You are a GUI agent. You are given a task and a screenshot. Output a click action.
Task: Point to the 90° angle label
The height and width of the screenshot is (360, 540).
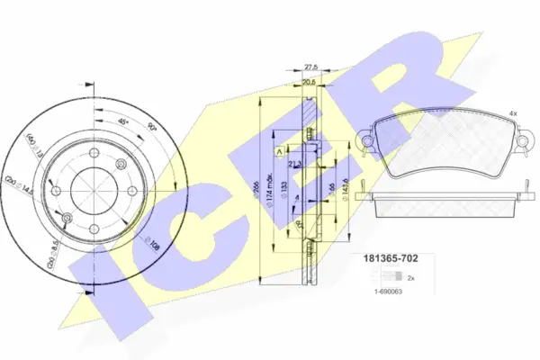pos(150,129)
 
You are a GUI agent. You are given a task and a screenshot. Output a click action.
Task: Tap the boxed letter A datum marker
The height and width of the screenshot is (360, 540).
pos(280,150)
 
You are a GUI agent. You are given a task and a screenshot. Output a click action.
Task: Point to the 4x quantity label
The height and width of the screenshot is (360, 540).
pos(512,113)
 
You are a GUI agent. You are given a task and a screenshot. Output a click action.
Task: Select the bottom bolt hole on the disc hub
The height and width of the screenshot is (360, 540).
pos(94,229)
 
